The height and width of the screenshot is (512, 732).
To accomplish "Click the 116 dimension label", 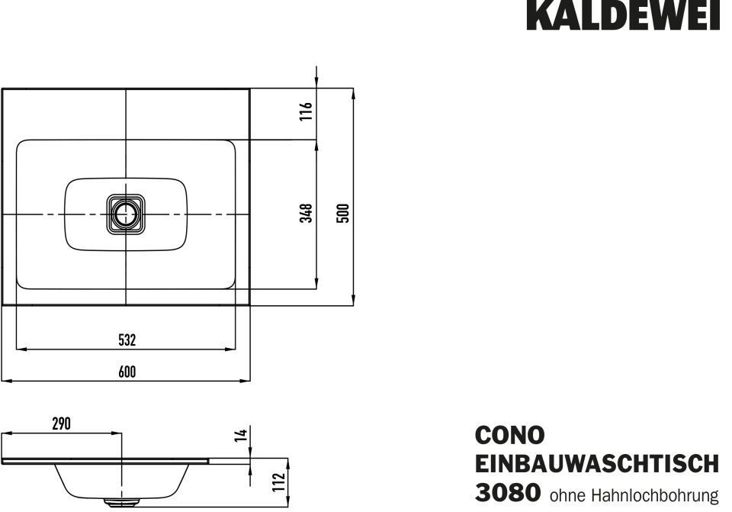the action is tap(306, 111).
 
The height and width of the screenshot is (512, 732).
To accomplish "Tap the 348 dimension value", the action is tap(306, 213).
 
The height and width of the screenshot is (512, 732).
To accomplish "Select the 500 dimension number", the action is tap(343, 213).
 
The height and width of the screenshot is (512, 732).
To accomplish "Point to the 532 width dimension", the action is tap(127, 340).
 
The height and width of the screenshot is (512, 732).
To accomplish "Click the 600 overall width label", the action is tap(127, 372).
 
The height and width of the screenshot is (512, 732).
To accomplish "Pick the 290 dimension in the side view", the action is tap(61, 423).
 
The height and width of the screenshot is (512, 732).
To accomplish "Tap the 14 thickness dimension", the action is tap(240, 435).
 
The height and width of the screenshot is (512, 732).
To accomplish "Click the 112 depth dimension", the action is tap(279, 482).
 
